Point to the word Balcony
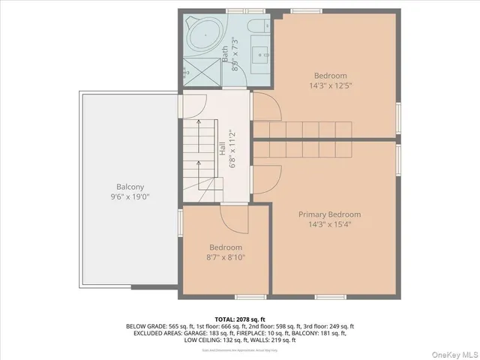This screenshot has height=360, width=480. [130, 187]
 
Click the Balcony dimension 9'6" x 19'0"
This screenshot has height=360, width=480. [130, 196]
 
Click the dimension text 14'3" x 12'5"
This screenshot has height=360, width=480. [331, 85]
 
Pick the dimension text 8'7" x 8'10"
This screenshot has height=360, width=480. [226, 257]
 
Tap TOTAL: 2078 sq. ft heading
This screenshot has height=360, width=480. [240, 319]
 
